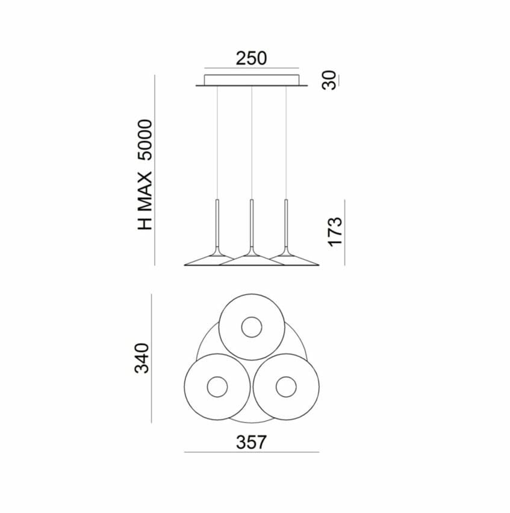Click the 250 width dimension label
(x=251, y=58)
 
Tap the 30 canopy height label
(x=329, y=80)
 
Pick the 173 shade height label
(x=335, y=231)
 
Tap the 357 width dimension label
(x=251, y=442)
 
